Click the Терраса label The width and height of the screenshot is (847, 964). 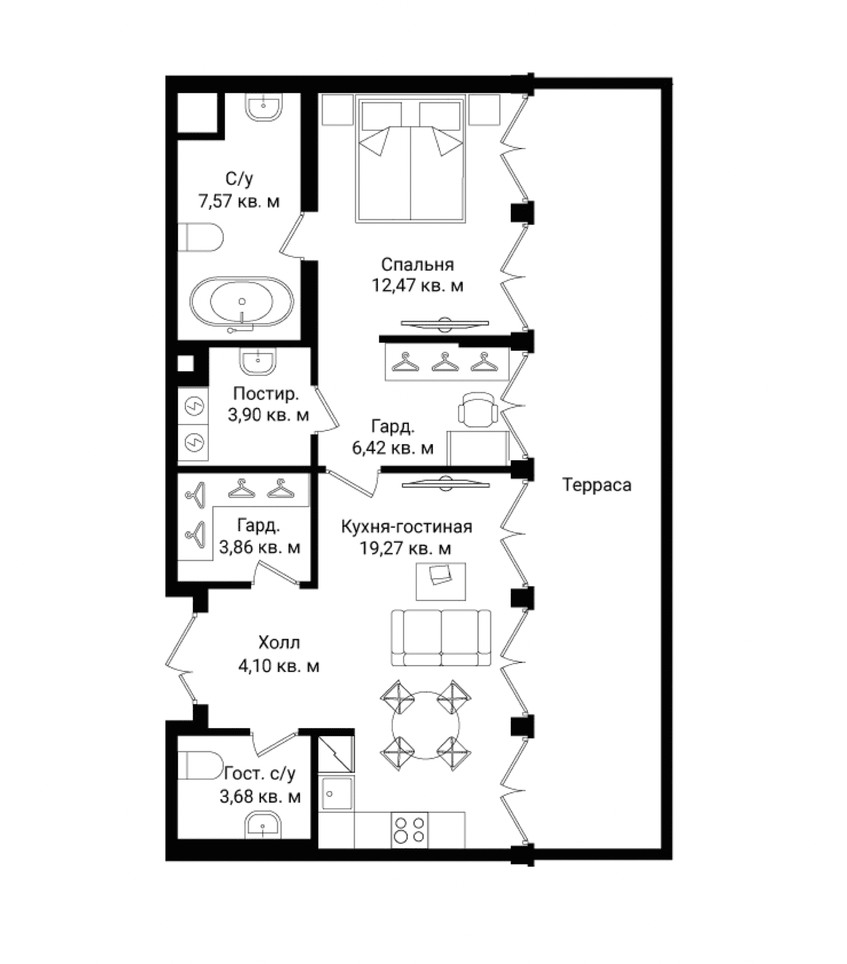coord(597,486)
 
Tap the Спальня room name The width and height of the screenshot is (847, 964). coord(417,264)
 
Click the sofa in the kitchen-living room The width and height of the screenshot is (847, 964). coord(441,637)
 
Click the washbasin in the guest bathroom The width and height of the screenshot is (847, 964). coord(263,827)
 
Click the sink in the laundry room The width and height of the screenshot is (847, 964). coord(257,361)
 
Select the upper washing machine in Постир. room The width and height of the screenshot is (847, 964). coord(193,405)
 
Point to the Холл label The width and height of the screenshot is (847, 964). coord(279,643)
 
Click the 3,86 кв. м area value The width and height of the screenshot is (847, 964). coord(260,548)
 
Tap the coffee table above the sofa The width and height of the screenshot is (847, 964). coord(441,581)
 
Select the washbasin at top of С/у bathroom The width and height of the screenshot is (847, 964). coord(264,107)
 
